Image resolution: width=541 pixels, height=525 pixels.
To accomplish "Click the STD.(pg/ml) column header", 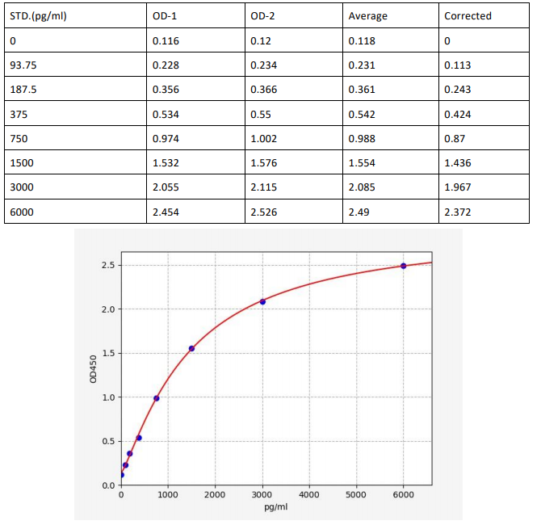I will (x=39, y=16).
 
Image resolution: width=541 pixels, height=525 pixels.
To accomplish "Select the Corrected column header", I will (x=468, y=16).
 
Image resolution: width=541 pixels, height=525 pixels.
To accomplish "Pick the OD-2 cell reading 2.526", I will (x=263, y=212).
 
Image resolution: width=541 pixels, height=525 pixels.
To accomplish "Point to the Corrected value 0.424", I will (x=458, y=114).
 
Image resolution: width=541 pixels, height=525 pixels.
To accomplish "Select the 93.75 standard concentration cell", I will (x=23, y=65).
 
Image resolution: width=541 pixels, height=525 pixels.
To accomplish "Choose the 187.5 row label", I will (x=23, y=90).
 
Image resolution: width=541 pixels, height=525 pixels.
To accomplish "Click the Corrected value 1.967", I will (x=458, y=187).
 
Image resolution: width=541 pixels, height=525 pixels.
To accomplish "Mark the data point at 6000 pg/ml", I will (x=403, y=266).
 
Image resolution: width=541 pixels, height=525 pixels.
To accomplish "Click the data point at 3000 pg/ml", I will (x=262, y=301).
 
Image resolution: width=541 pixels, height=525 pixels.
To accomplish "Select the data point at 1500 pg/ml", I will (x=191, y=348).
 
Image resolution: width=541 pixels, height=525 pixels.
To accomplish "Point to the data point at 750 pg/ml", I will (x=157, y=398).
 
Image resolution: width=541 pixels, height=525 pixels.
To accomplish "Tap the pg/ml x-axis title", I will (x=276, y=507).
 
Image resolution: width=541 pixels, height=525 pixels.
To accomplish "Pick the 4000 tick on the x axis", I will (x=309, y=494).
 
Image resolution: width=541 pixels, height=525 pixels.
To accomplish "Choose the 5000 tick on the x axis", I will (x=356, y=494).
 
